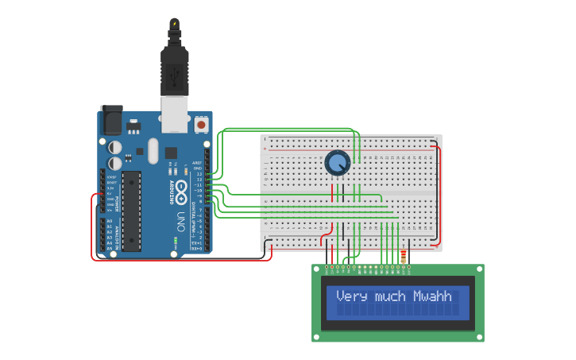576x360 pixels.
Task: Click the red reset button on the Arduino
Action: point(200,125)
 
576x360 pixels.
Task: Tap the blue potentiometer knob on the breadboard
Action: point(338,163)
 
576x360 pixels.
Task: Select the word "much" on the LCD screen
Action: point(389,296)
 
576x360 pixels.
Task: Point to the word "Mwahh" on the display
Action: point(432,296)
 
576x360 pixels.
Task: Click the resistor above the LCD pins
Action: point(404,257)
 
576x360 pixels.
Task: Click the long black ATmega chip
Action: point(131,211)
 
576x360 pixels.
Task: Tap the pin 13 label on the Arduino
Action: point(200,174)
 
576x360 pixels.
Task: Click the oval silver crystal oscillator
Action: point(153,151)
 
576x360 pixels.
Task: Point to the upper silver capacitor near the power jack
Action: point(115,146)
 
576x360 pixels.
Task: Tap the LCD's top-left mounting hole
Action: point(316,269)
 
